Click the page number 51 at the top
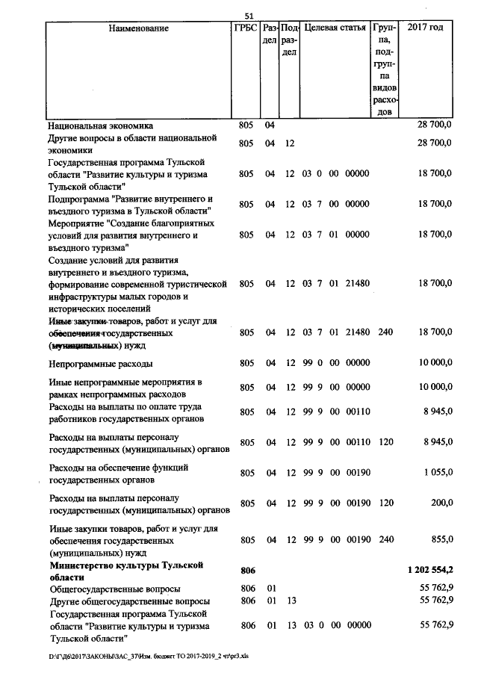click(x=249, y=16)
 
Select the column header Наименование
click(x=138, y=28)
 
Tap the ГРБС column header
click(x=246, y=28)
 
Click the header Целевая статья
click(x=335, y=28)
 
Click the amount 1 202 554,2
click(x=429, y=570)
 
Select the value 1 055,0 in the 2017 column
click(x=436, y=474)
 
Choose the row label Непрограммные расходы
click(x=101, y=364)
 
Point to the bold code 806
click(x=247, y=570)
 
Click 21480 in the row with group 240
click(x=358, y=332)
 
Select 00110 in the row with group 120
click(x=358, y=442)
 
